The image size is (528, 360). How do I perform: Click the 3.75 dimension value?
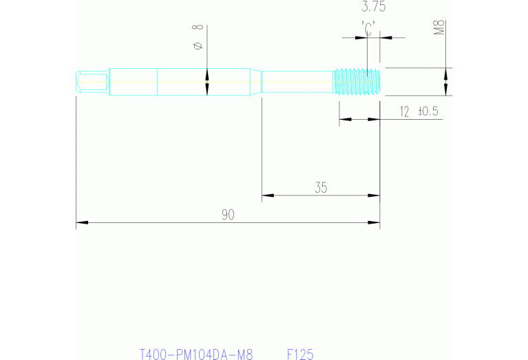pyautogui.click(x=373, y=8)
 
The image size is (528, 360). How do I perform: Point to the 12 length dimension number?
pyautogui.click(x=404, y=111)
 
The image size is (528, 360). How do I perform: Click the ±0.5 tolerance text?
pyautogui.click(x=428, y=111)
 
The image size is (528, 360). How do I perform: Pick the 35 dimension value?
pyautogui.click(x=321, y=187)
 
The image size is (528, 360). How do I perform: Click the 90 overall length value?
pyautogui.click(x=228, y=215)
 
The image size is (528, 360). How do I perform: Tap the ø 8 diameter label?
pyautogui.click(x=198, y=38)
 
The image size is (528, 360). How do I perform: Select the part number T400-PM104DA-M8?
pyautogui.click(x=196, y=355)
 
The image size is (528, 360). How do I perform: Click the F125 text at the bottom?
pyautogui.click(x=300, y=355)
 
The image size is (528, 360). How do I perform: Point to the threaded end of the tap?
pyautogui.click(x=357, y=81)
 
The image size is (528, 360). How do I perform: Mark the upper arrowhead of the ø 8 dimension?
pyautogui.click(x=207, y=73)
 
